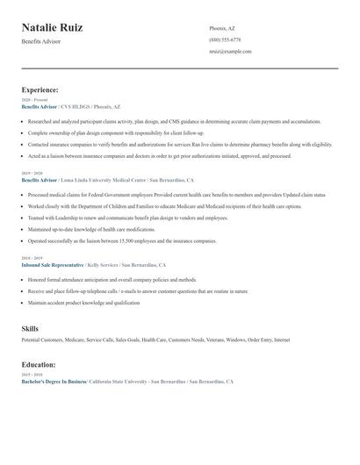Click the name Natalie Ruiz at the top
pos(53,28)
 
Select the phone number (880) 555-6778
pos(225,39)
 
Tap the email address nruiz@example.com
pos(230,51)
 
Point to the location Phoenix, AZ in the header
pos(222,28)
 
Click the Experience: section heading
pos(40,89)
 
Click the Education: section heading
pos(39,364)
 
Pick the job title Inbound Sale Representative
pos(53,264)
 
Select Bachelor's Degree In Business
pos(54,383)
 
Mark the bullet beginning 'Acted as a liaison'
pos(158,155)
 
